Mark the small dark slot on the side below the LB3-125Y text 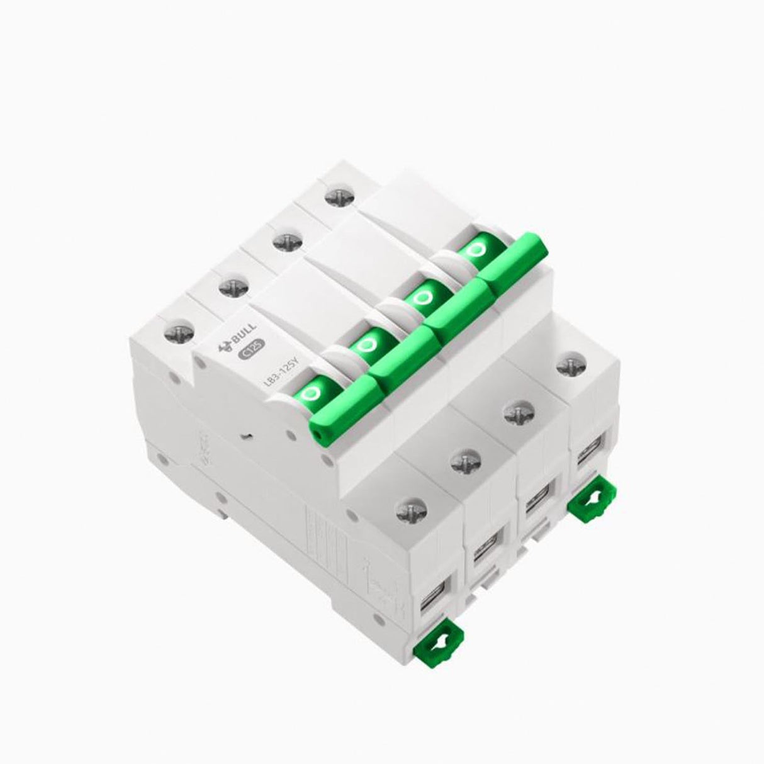249,434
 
